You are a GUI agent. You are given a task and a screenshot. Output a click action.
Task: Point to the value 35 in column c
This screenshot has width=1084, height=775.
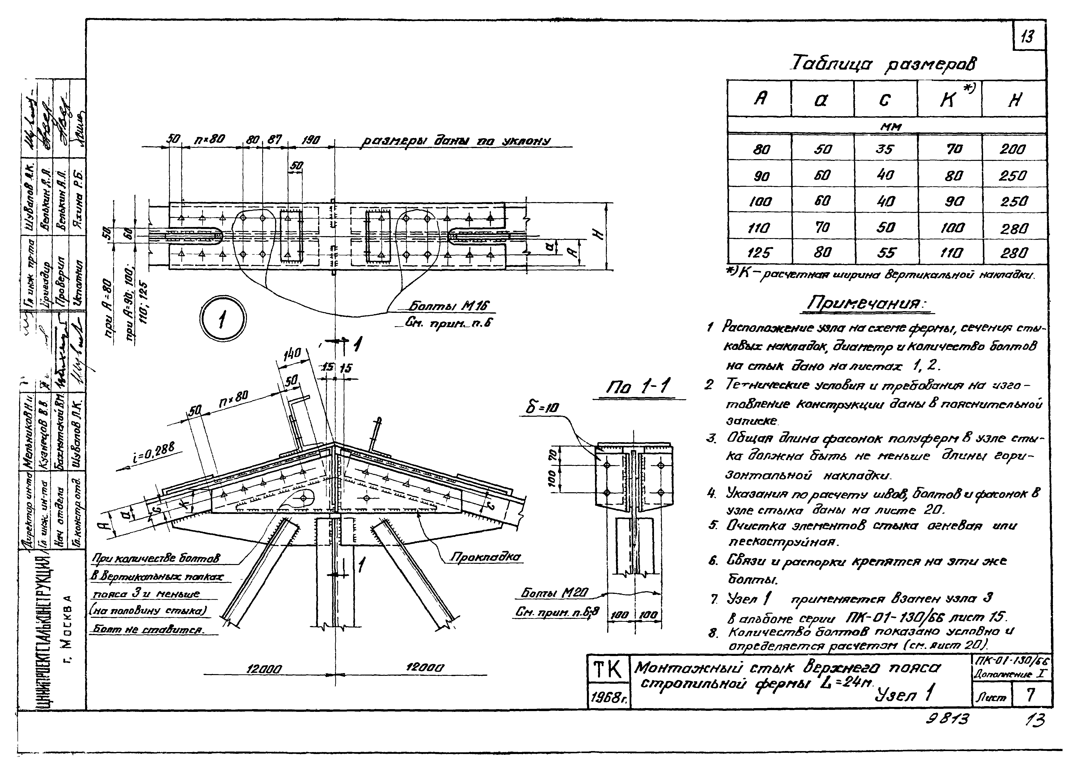[884, 149]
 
